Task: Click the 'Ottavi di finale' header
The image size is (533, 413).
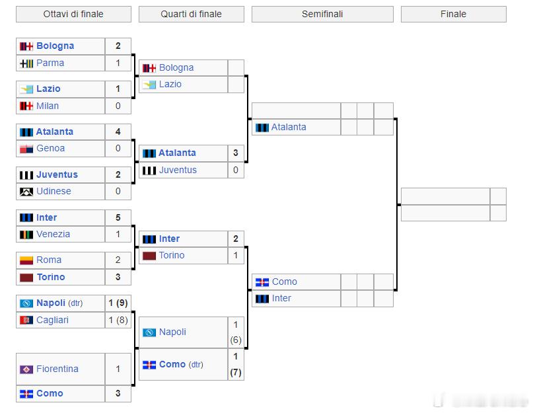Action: click(x=73, y=14)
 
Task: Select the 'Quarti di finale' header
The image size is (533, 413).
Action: click(x=191, y=14)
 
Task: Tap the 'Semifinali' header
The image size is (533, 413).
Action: click(x=322, y=14)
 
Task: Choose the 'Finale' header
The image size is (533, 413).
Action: click(x=453, y=14)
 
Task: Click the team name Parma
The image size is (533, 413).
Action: click(x=50, y=63)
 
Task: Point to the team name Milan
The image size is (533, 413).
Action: click(x=48, y=106)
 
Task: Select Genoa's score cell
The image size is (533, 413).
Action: click(x=118, y=148)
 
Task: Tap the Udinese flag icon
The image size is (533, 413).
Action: click(x=26, y=192)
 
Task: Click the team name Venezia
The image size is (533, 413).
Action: click(x=53, y=234)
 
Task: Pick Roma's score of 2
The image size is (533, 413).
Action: click(x=118, y=260)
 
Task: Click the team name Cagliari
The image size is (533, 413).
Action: click(x=52, y=320)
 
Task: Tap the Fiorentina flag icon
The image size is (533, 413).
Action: click(x=26, y=369)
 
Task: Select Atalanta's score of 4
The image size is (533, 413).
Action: click(x=118, y=131)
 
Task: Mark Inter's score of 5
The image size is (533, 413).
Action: click(x=118, y=217)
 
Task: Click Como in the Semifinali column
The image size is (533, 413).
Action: click(x=285, y=282)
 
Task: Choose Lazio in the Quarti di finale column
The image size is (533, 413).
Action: click(x=170, y=84)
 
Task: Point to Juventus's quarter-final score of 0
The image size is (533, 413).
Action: click(x=236, y=170)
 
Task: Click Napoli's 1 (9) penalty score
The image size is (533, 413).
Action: click(x=118, y=303)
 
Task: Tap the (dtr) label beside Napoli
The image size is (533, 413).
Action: click(x=75, y=303)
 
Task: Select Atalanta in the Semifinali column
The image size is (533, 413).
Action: click(x=289, y=127)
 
